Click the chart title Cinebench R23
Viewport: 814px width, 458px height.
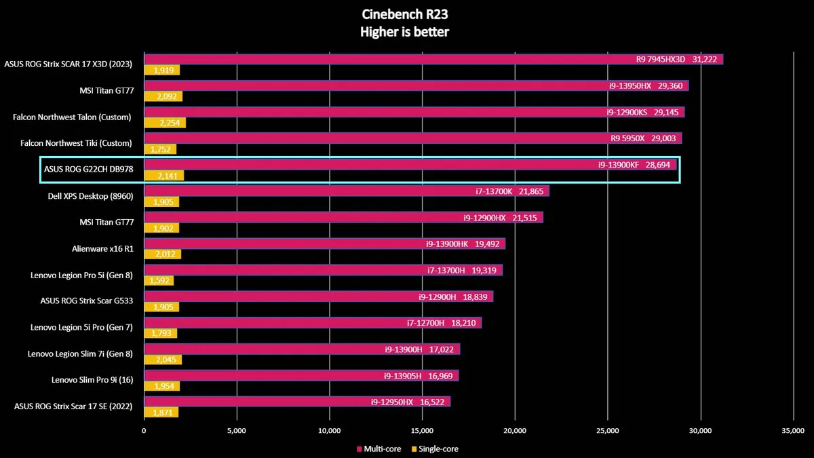404,14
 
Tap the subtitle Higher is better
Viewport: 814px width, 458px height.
404,31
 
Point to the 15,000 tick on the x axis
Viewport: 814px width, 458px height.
422,430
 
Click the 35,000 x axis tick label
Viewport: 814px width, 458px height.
793,430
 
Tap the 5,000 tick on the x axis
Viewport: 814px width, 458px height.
237,430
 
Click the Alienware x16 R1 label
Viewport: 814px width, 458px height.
102,249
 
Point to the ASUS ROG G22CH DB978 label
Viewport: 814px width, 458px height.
88,170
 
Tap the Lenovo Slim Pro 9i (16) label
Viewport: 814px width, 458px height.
92,380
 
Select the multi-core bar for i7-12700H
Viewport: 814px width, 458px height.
313,323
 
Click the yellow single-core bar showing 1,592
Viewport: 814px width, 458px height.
159,281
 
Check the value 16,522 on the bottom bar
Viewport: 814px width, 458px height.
435,402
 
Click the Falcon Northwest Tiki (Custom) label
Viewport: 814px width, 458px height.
73,143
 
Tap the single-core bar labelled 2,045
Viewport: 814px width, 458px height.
163,360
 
